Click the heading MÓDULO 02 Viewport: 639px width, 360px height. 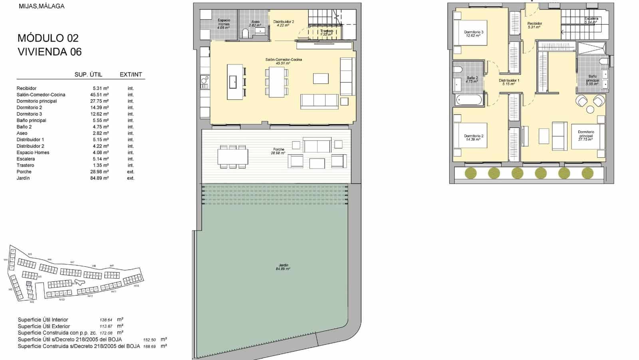coord(48,38)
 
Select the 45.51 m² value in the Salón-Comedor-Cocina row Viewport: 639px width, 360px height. coord(100,95)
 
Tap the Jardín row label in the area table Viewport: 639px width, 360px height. coord(23,178)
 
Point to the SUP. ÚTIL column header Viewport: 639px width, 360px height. coord(88,75)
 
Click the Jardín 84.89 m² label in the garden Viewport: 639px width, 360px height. coord(283,267)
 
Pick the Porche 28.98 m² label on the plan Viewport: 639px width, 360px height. coord(278,151)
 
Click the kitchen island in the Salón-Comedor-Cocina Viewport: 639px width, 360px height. coord(235,82)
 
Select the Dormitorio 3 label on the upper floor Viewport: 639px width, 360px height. coord(474,34)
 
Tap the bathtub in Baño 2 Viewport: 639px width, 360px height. coord(470,99)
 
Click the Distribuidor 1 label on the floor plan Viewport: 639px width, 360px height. coord(509,82)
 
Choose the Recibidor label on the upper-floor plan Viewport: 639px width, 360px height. coord(534,25)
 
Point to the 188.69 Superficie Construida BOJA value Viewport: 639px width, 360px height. coord(149,346)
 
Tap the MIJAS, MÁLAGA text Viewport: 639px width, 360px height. coord(42,6)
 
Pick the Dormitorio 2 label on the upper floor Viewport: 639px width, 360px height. coord(474,137)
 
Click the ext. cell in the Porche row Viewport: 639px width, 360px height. coord(131,172)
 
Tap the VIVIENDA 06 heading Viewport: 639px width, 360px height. coord(50,52)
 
